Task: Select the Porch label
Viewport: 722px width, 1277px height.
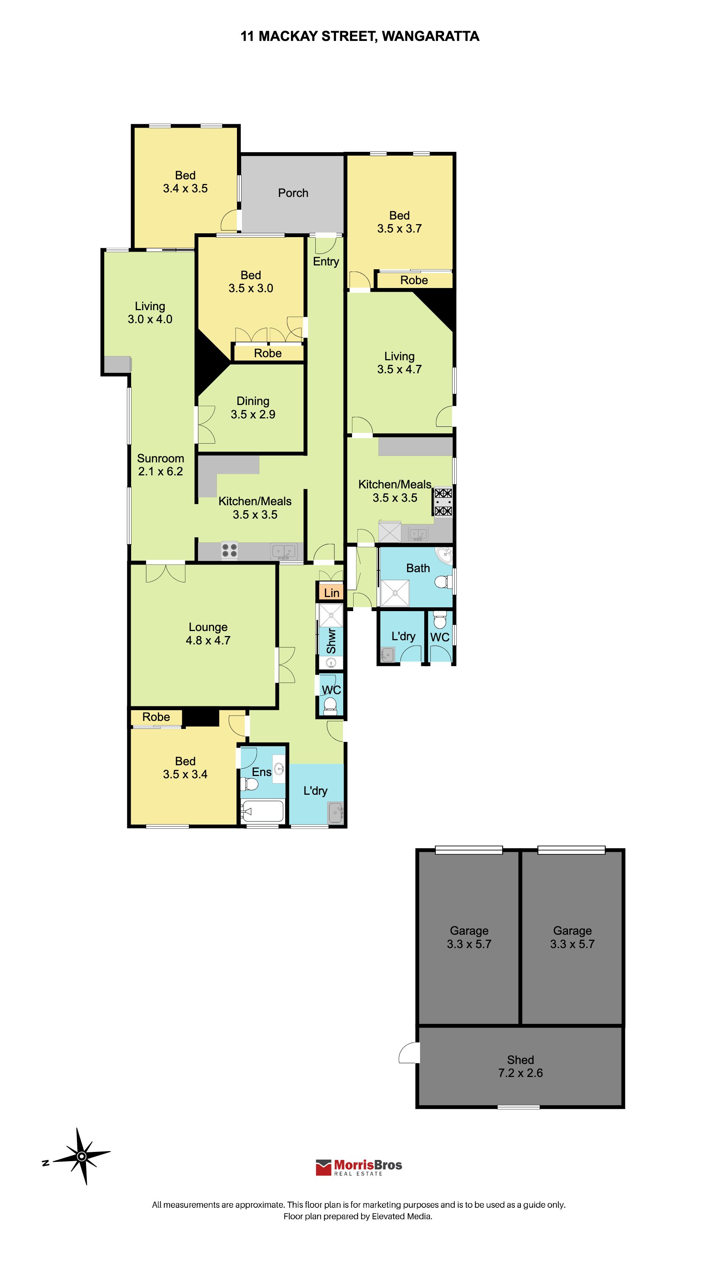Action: (293, 193)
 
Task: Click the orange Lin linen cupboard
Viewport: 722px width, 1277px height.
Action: (331, 592)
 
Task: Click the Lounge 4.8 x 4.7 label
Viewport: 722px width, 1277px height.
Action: (208, 634)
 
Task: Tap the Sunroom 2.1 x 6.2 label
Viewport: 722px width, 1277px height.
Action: (160, 465)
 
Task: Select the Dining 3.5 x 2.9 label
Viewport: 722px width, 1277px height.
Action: (253, 408)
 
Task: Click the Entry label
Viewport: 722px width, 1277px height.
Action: (326, 262)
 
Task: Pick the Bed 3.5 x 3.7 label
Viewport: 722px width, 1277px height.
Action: (399, 222)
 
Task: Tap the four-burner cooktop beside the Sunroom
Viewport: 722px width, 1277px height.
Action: (229, 550)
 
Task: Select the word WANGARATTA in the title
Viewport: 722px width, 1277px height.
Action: (430, 36)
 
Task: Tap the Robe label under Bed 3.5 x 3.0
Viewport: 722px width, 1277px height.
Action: (268, 353)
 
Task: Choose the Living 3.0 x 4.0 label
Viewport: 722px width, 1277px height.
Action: (150, 312)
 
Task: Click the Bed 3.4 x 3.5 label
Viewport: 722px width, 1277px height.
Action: (185, 182)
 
